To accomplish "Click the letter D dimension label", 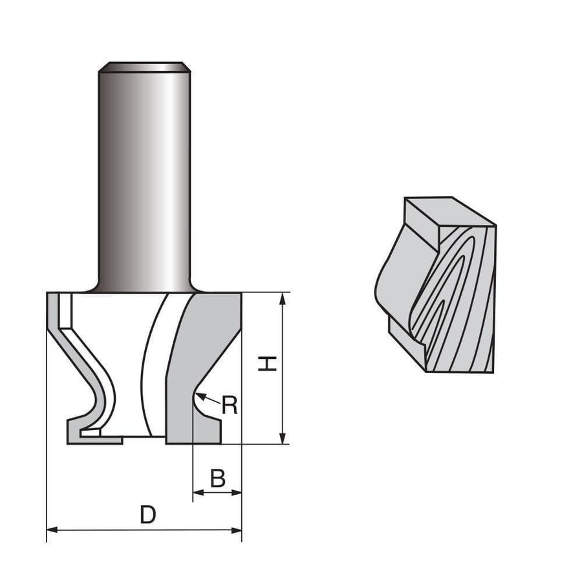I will pyautogui.click(x=148, y=515).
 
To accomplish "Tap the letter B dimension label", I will pyautogui.click(x=218, y=479).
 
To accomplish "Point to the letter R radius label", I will pyautogui.click(x=230, y=405).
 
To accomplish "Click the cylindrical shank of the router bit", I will pyautogui.click(x=144, y=181).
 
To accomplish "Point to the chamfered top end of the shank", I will pyautogui.click(x=144, y=66).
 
